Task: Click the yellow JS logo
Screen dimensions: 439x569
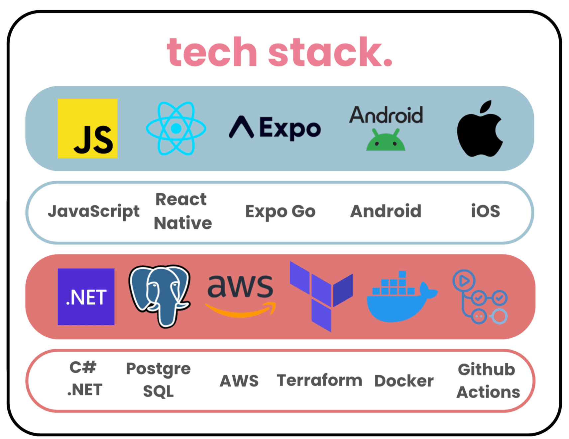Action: point(87,128)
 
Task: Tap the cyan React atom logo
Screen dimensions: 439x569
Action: point(176,128)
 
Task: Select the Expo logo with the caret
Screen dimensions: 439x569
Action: point(275,128)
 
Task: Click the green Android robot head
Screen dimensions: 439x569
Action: point(386,141)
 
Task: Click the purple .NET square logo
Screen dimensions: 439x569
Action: point(86,297)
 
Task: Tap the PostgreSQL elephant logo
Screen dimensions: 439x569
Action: point(160,295)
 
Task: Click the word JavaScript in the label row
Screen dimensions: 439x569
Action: point(94,211)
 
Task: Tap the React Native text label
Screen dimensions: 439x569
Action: point(182,211)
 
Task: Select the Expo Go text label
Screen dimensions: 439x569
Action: point(280,211)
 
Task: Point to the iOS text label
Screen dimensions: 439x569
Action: point(485,211)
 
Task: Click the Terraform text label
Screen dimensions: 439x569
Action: point(319,380)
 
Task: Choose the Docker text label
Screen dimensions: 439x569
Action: point(404,381)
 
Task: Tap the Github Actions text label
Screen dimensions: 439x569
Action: point(488,381)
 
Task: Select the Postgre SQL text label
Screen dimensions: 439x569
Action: point(159,380)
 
